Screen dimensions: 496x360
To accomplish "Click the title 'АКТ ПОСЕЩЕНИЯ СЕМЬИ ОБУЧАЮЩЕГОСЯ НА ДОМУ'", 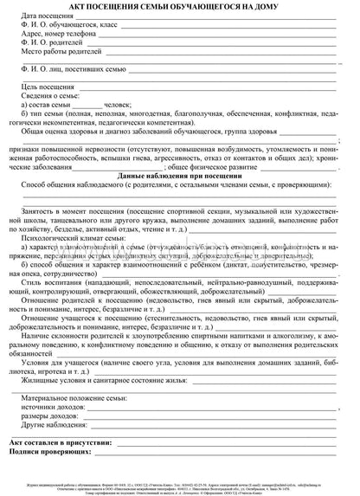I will coord(179,8).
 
